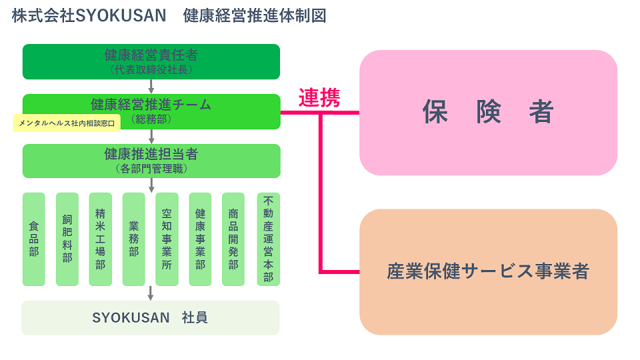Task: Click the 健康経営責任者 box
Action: pyautogui.click(x=151, y=61)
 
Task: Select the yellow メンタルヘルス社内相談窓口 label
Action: pyautogui.click(x=67, y=123)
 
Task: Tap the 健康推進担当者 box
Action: pyautogui.click(x=151, y=161)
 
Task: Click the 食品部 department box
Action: pyautogui.click(x=34, y=239)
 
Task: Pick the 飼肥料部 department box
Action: pyautogui.click(x=67, y=239)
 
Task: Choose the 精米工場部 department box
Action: pyautogui.click(x=101, y=239)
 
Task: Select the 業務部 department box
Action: pyautogui.click(x=134, y=239)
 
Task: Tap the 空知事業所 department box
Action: pyautogui.click(x=167, y=239)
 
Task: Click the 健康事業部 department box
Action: pyautogui.click(x=200, y=239)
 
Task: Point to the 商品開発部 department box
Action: pyautogui.click(x=233, y=239)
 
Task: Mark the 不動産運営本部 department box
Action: pyautogui.click(x=268, y=239)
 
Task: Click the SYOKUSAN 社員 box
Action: pyautogui.click(x=151, y=318)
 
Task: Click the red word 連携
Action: pyautogui.click(x=319, y=98)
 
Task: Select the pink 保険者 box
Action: pyautogui.click(x=488, y=113)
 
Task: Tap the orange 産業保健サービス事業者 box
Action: pyautogui.click(x=488, y=272)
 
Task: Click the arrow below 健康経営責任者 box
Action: pyautogui.click(x=151, y=87)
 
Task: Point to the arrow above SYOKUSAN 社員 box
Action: pyautogui.click(x=151, y=293)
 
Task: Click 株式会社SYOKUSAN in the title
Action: pyautogui.click(x=89, y=16)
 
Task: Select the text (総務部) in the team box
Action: pyautogui.click(x=151, y=119)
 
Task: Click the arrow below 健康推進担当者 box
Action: pyautogui.click(x=151, y=185)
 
